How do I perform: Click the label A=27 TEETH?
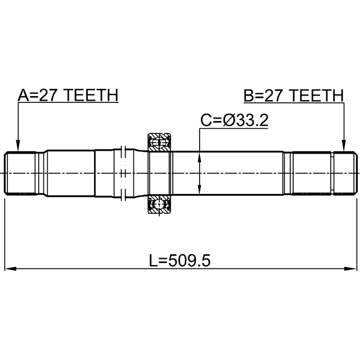[x=68, y=95]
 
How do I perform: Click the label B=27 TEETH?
[x=294, y=96]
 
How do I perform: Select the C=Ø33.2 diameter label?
[x=235, y=120]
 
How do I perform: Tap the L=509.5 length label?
[x=180, y=260]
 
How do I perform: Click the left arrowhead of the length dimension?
[x=10, y=268]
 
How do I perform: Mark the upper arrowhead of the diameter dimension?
[x=200, y=157]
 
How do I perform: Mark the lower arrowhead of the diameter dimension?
[x=200, y=189]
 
